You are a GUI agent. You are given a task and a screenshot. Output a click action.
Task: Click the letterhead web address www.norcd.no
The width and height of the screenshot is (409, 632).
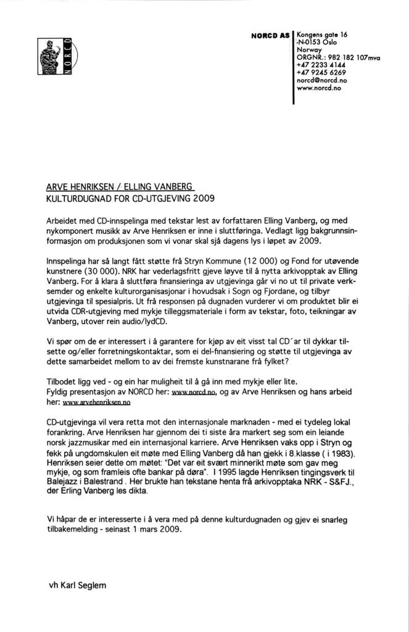click(x=319, y=88)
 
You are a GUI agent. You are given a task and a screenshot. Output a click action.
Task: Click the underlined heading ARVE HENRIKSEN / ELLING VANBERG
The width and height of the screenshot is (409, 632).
click(x=120, y=187)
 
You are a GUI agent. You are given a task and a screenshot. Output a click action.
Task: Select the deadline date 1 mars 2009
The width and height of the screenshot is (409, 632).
click(x=156, y=529)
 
